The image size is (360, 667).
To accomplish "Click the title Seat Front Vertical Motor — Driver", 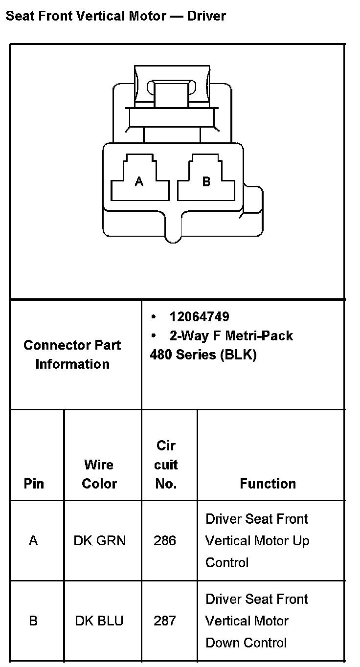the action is tap(115, 16).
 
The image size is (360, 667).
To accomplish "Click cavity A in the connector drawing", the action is tap(139, 181).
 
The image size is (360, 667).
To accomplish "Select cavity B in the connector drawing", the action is tap(206, 181).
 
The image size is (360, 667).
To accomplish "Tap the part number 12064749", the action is tap(199, 317).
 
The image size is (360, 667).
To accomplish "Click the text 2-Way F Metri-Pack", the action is tap(231, 336).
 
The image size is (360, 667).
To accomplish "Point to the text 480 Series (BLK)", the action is tap(203, 355).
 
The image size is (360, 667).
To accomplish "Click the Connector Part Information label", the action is tap(72, 355).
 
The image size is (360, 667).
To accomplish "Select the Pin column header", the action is tap(34, 484).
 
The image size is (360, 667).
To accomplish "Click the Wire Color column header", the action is tap(99, 474).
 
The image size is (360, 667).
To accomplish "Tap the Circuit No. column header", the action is tap(166, 465).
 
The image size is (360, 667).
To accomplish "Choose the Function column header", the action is tap(268, 484).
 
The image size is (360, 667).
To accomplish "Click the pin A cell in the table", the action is tap(33, 541).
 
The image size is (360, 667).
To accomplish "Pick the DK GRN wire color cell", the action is tap(99, 541).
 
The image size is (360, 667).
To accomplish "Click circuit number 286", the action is tap(165, 541).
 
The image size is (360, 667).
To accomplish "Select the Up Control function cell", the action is tap(257, 541).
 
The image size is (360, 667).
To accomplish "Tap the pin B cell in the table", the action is tap(33, 621).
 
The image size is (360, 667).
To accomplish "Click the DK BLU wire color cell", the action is tap(99, 621).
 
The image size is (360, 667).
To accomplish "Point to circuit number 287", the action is tap(165, 621).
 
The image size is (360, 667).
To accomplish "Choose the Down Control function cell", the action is tap(256, 621).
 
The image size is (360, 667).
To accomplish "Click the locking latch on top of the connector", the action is tap(171, 93).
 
